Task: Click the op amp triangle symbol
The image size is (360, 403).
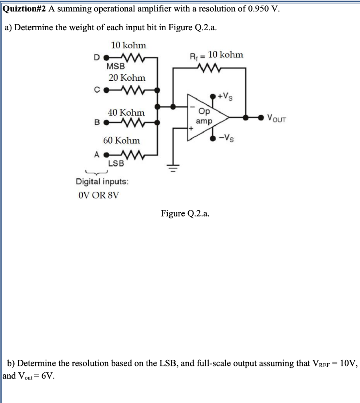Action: click(x=207, y=117)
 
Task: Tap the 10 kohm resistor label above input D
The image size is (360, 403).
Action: click(x=128, y=46)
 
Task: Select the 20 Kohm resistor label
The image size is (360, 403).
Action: click(x=127, y=78)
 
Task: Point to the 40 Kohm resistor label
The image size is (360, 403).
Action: click(x=126, y=113)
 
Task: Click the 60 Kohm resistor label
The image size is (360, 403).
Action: click(x=121, y=140)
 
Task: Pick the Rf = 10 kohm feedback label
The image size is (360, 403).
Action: click(x=217, y=55)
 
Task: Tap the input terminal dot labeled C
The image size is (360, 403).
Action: click(x=106, y=90)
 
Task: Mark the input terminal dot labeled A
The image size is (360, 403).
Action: click(x=106, y=155)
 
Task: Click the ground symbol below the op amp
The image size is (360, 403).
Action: click(x=172, y=166)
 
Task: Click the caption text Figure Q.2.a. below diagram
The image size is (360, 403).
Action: click(x=185, y=213)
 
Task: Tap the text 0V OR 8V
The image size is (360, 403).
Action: click(x=98, y=196)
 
